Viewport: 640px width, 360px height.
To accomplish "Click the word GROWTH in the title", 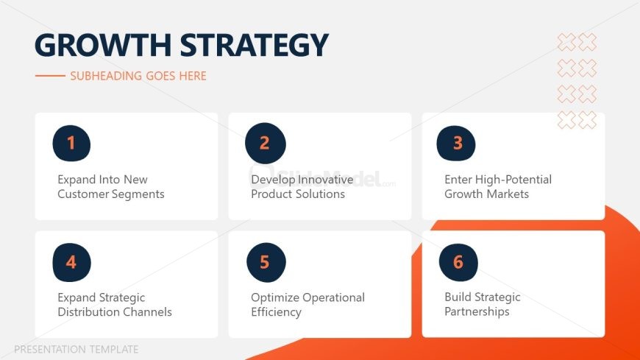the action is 103,45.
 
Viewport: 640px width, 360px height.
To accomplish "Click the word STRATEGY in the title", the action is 254,45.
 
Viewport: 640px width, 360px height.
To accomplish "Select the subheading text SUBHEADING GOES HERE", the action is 138,76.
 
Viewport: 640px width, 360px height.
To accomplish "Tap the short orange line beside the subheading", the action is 50,76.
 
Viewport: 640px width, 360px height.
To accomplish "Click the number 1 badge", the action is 71,144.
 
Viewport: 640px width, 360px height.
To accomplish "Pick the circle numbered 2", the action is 266,143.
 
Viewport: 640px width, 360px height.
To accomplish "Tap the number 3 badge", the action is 456,143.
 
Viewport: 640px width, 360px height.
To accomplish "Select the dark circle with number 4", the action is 72,262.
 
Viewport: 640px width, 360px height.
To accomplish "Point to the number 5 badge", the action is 266,262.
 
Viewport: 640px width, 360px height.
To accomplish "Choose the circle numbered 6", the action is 458,262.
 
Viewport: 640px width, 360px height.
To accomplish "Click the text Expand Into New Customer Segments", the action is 111,187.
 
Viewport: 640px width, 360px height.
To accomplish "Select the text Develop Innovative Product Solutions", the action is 302,187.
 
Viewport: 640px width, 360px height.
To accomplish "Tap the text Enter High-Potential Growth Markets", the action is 498,187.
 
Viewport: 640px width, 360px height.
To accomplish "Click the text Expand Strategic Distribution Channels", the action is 115,305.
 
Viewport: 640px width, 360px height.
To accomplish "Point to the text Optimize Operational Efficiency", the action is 307,305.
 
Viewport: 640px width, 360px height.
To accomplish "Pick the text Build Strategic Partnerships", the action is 483,305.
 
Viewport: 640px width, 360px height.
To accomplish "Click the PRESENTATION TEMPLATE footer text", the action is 77,350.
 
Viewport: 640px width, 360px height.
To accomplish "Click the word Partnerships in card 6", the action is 477,312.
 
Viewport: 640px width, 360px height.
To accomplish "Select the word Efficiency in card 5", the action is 277,313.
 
